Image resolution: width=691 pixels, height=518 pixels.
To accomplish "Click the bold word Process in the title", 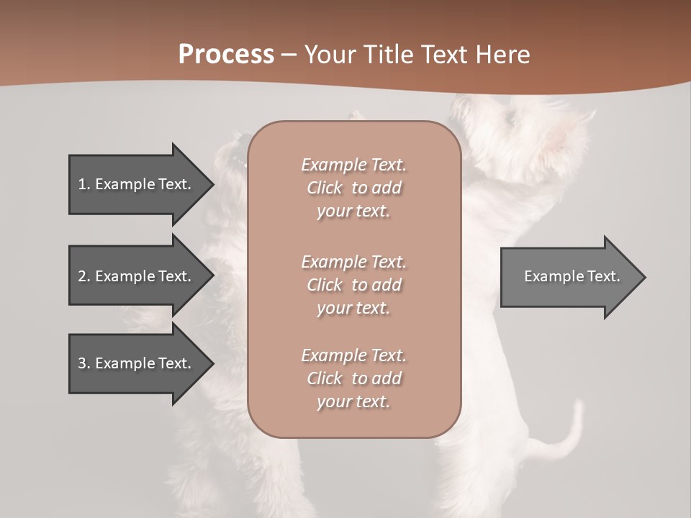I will point(226,55).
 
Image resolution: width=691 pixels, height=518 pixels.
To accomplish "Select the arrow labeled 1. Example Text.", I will point(137,184).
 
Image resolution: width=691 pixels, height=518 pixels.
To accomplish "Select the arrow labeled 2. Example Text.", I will point(137,276).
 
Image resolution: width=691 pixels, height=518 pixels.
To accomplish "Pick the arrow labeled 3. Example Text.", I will point(137,363).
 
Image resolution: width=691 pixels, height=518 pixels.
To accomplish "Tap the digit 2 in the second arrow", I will point(82,276).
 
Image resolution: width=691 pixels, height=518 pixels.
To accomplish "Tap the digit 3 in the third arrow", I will point(82,363).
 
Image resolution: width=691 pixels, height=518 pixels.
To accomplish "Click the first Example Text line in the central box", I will point(353,165).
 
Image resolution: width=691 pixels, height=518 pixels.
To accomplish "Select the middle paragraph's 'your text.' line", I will point(353,308).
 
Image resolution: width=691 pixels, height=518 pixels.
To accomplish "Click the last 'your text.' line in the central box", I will point(353,401).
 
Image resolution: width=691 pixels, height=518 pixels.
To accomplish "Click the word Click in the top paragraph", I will point(325,188).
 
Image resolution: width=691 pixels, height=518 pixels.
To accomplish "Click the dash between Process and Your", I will point(289,55).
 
